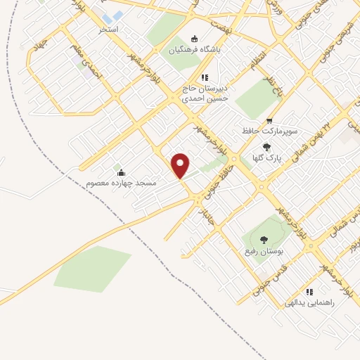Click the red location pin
(x=181, y=165)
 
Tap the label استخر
(x=108, y=30)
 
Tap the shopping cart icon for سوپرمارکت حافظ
(x=269, y=121)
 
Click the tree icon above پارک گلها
(x=267, y=148)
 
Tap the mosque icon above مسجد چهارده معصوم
(x=121, y=172)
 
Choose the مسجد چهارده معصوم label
(x=121, y=183)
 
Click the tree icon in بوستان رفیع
(x=264, y=240)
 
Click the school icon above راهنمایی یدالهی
(x=309, y=292)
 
